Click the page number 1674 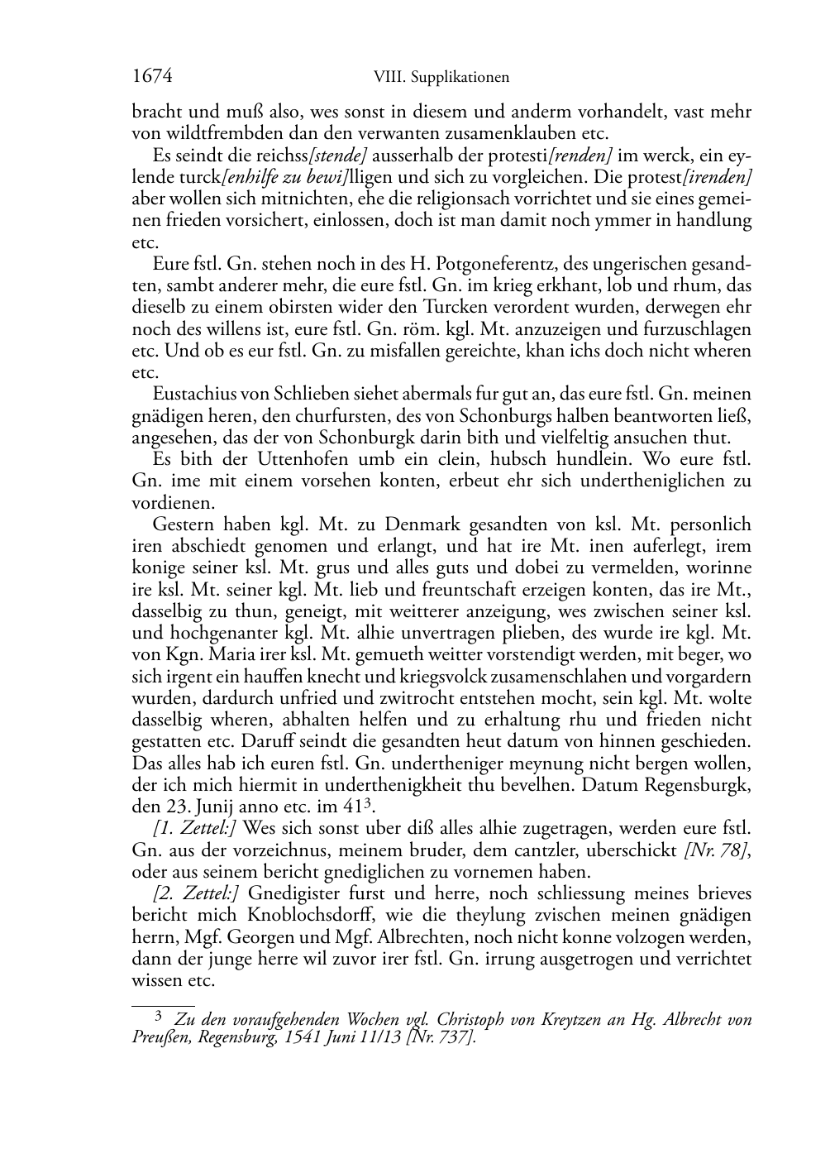coord(151,77)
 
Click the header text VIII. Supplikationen coord(441,78)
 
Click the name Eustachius coord(192,395)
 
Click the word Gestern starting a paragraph coord(183,524)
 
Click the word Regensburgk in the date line coord(710,784)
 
